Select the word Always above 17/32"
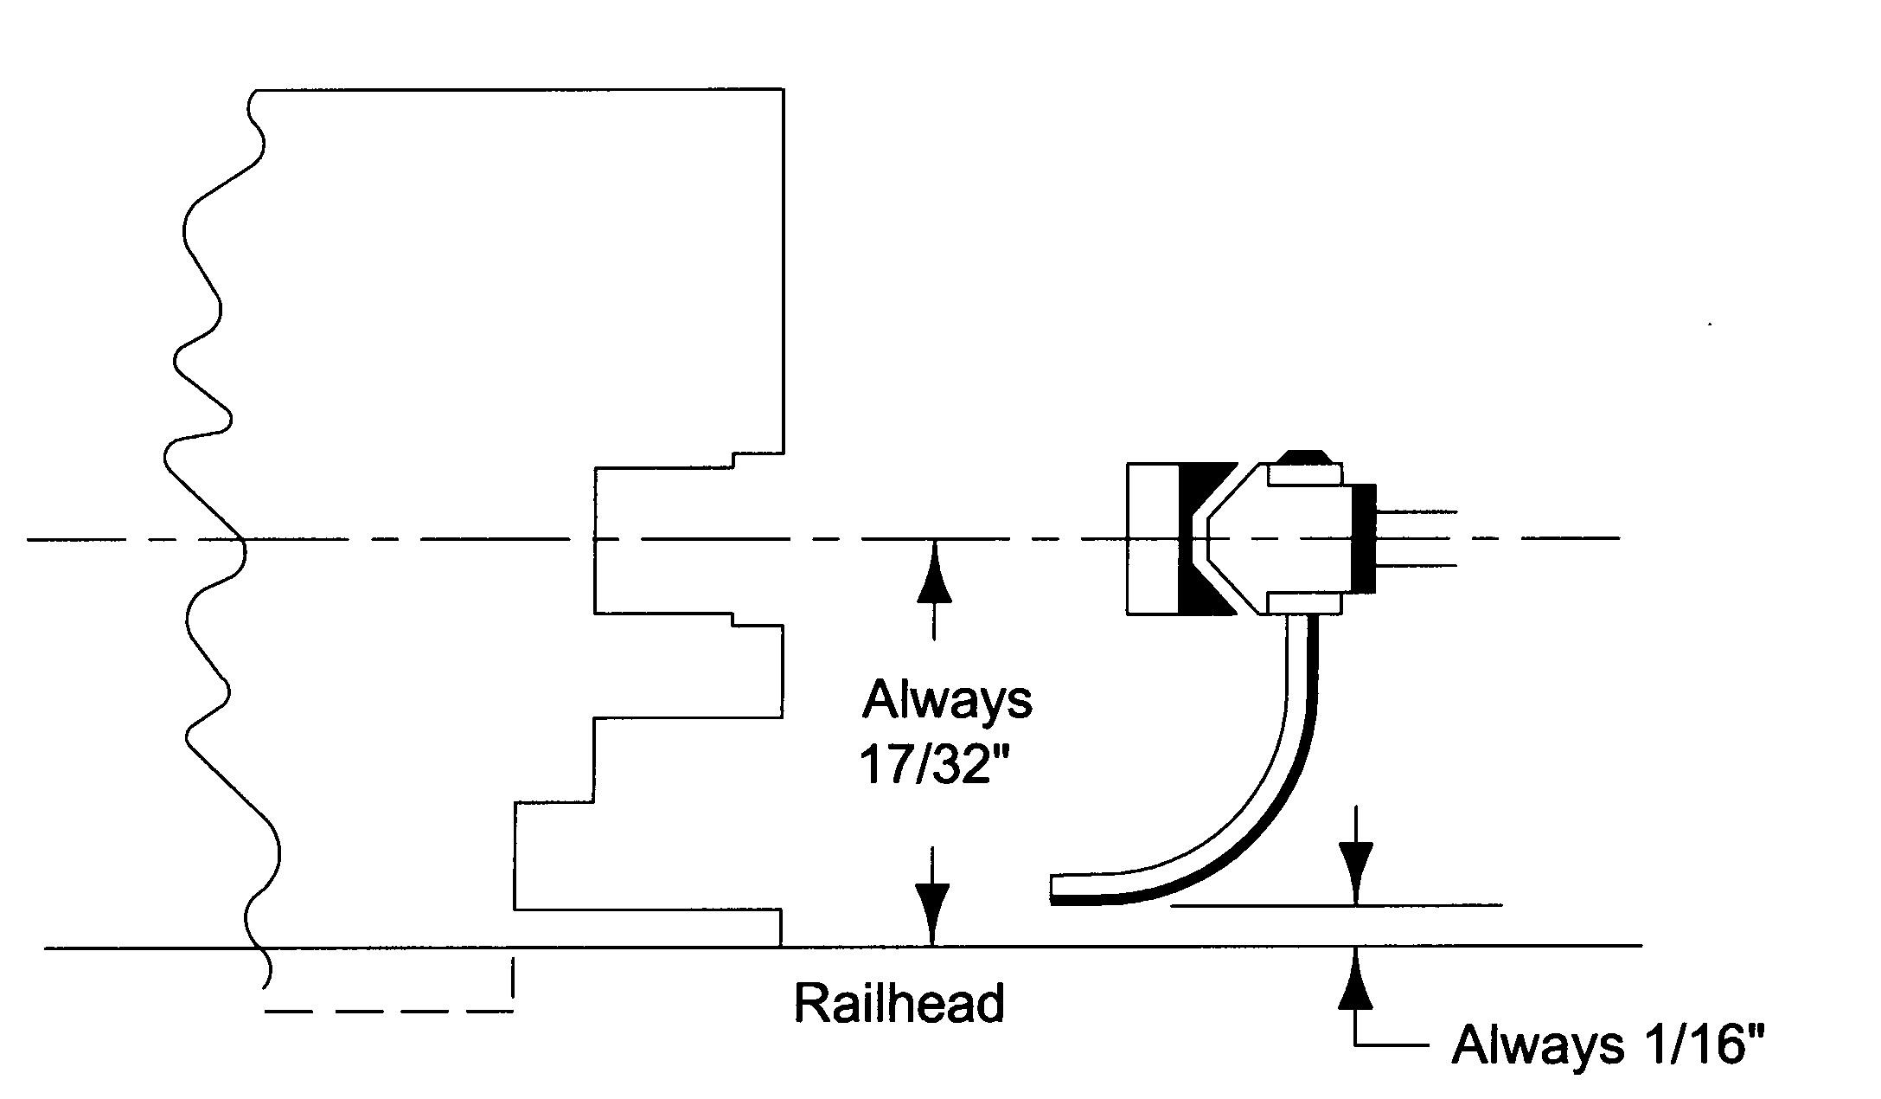point(946,699)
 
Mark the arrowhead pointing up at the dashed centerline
point(933,572)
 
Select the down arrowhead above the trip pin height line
point(1355,874)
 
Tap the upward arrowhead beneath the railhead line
point(1355,979)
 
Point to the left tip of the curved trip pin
point(1055,889)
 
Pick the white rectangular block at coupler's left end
point(1152,538)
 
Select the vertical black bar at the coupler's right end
point(1363,538)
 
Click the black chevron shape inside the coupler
point(1198,538)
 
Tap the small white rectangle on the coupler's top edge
point(1304,475)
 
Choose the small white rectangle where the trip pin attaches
point(1304,603)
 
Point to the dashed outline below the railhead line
point(389,1009)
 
